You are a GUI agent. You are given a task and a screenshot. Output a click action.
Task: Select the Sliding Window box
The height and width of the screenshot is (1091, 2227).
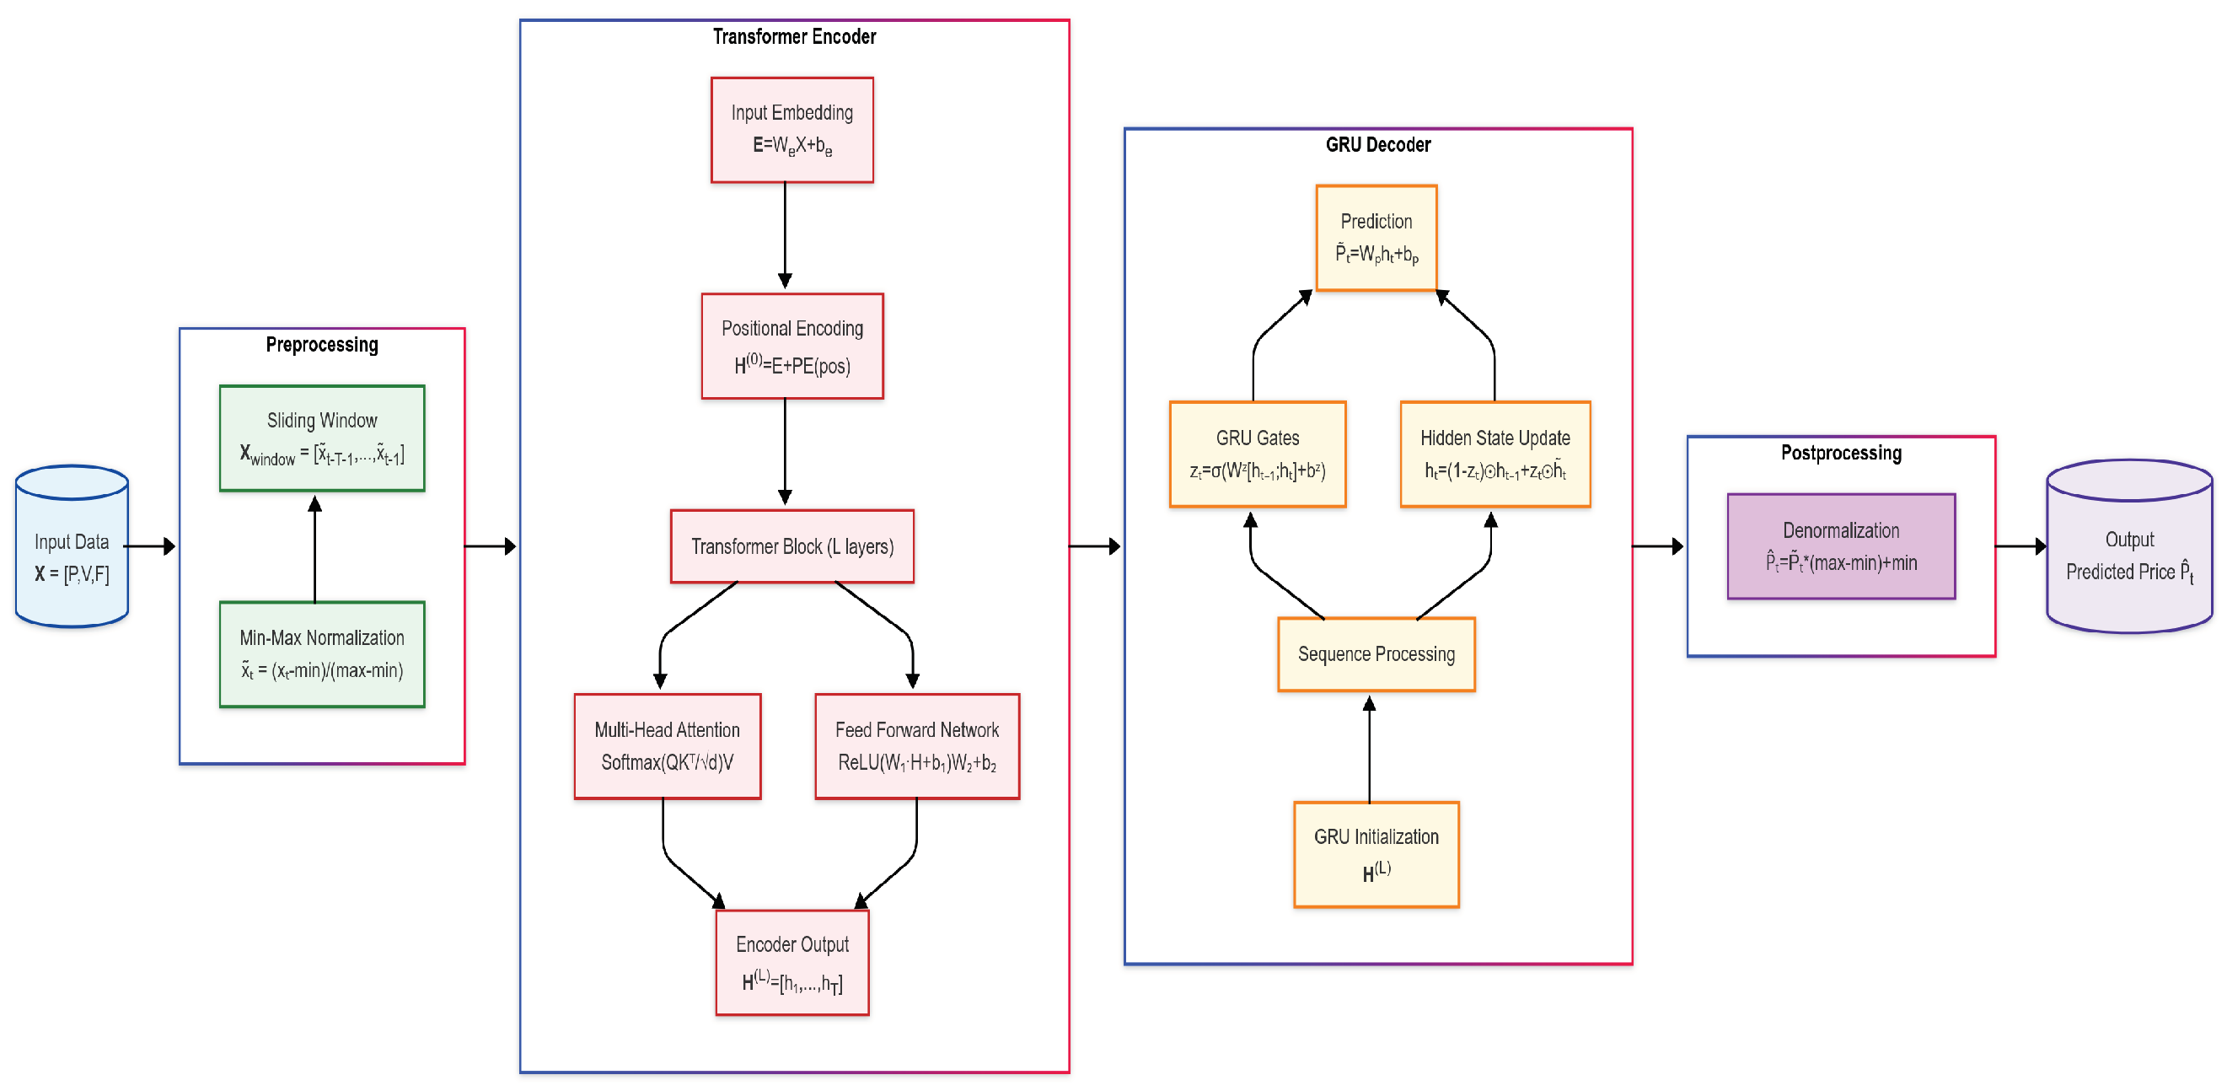point(322,438)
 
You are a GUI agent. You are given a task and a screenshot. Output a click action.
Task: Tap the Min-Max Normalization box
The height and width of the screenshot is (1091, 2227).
point(322,654)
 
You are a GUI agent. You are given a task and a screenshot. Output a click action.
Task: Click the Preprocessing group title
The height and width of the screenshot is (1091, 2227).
point(322,345)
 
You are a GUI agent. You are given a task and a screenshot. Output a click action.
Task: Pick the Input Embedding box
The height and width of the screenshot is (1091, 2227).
point(792,130)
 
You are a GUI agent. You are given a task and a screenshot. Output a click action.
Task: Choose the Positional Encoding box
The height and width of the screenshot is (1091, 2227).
point(792,346)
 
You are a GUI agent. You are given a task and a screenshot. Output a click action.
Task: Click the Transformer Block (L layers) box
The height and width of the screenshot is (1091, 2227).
point(792,546)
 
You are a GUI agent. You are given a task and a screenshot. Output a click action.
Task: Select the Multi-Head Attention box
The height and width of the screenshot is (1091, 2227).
point(668,746)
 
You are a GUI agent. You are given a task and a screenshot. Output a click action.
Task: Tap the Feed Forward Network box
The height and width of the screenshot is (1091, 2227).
point(916,746)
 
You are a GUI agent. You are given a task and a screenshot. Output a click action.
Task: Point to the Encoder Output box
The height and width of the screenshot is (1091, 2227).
point(792,962)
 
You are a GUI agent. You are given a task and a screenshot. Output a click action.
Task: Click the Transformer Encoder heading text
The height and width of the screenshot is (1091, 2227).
point(794,36)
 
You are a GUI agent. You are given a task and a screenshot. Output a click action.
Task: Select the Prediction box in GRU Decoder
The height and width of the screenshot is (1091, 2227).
point(1376,238)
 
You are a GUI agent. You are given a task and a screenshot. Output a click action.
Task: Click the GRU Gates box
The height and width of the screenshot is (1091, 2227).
point(1257,454)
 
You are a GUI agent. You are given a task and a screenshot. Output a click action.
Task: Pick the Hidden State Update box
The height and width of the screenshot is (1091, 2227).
point(1495,454)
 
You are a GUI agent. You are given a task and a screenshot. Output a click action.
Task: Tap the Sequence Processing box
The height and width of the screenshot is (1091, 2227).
point(1376,654)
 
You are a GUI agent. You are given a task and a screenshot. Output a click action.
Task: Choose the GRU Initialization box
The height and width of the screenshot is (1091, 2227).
point(1376,854)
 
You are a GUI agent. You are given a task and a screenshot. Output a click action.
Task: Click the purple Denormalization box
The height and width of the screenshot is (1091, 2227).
point(1841,546)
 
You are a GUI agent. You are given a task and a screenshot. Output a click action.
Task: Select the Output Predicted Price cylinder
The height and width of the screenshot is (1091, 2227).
point(2128,553)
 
